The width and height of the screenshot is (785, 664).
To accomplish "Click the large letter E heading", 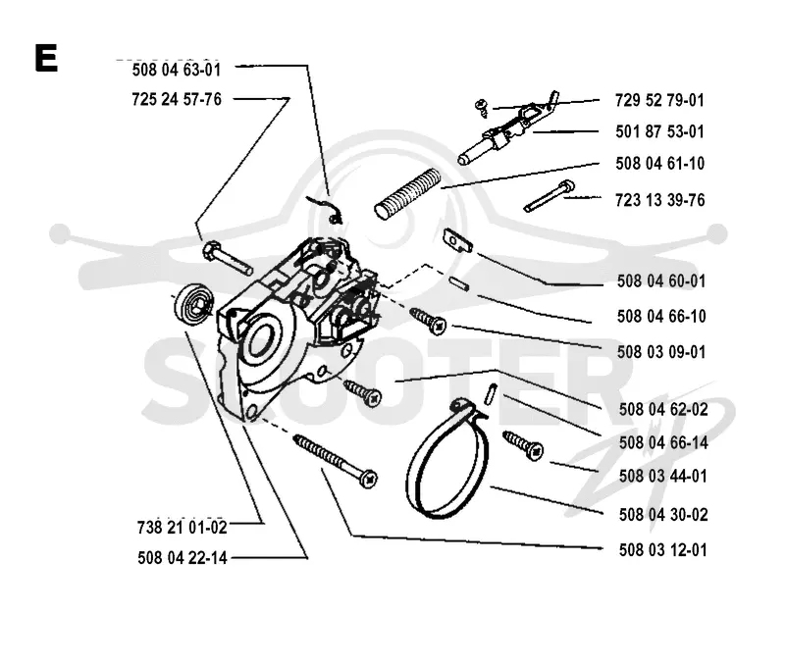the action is [46, 58].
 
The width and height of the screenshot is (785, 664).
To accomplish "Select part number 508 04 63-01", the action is [177, 70].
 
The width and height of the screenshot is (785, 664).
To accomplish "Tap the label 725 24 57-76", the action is [177, 99].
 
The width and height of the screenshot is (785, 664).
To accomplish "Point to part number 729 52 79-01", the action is [659, 100].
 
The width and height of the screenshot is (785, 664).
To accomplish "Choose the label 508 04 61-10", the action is [659, 163].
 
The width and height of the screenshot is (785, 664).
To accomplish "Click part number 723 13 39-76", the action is [659, 200].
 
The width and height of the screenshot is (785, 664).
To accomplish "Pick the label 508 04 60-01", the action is [661, 281].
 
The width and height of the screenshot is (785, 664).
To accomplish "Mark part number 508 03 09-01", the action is [661, 352].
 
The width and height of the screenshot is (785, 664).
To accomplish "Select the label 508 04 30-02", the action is [663, 514].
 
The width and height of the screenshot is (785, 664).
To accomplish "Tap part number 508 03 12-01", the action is [663, 550].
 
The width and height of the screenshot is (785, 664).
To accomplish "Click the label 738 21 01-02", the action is [183, 527].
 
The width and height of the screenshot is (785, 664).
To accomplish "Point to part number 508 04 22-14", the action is [183, 557].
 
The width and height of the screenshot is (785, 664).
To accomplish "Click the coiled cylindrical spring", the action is [407, 193].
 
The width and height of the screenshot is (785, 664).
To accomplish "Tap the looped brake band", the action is [447, 459].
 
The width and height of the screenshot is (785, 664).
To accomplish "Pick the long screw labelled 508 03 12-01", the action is [335, 460].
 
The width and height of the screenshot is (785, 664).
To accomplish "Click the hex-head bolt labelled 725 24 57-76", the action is [227, 258].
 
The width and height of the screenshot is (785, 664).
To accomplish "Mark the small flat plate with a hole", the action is [457, 240].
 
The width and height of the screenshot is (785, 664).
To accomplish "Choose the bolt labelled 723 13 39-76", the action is [549, 196].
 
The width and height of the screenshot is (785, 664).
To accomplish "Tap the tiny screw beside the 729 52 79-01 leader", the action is [482, 108].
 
